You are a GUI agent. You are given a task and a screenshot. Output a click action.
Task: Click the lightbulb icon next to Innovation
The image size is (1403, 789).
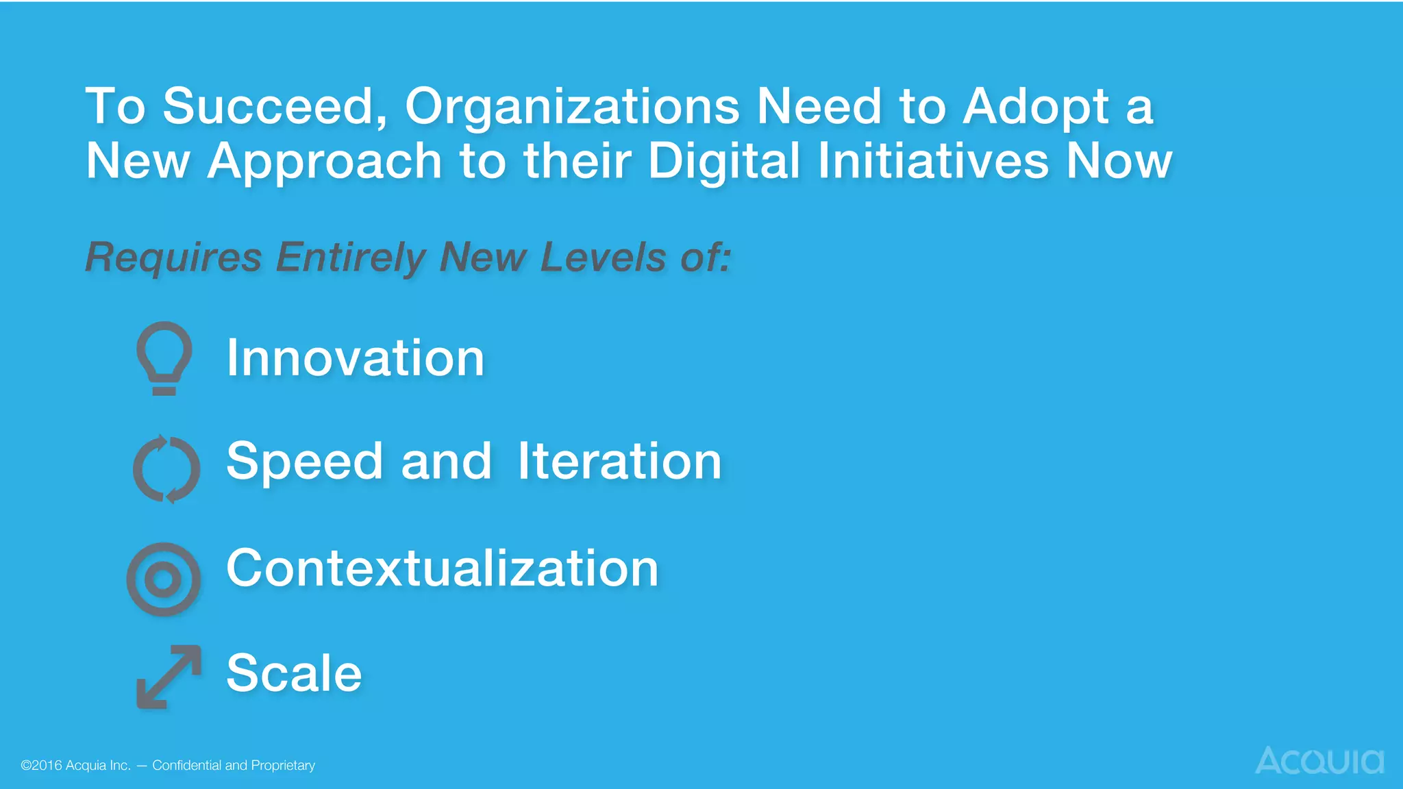pyautogui.click(x=164, y=358)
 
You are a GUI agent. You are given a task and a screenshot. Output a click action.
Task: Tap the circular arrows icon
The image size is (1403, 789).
pyautogui.click(x=166, y=468)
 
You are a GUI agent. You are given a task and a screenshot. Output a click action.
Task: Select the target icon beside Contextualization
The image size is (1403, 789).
pyautogui.click(x=164, y=579)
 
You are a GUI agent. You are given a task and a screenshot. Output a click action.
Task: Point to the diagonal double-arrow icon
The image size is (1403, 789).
pyautogui.click(x=169, y=676)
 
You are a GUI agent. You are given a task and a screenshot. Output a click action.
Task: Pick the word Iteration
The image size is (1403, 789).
pyautogui.click(x=619, y=461)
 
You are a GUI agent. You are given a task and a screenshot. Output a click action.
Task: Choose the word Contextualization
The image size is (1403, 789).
pyautogui.click(x=442, y=568)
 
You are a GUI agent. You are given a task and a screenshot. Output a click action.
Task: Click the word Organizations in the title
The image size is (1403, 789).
pyautogui.click(x=572, y=107)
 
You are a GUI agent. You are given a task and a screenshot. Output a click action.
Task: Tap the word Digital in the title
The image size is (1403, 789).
pyautogui.click(x=723, y=162)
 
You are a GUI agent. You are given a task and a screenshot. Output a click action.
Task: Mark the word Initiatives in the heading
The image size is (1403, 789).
pyautogui.click(x=933, y=162)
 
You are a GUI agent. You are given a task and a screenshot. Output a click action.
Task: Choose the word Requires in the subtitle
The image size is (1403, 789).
pyautogui.click(x=173, y=258)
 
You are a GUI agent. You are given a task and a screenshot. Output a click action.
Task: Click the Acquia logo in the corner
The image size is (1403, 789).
pyautogui.click(x=1319, y=760)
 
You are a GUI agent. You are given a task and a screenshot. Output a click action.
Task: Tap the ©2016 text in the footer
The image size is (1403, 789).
pyautogui.click(x=41, y=765)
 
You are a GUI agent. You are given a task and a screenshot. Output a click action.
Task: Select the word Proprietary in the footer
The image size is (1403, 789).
pyautogui.click(x=283, y=766)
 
